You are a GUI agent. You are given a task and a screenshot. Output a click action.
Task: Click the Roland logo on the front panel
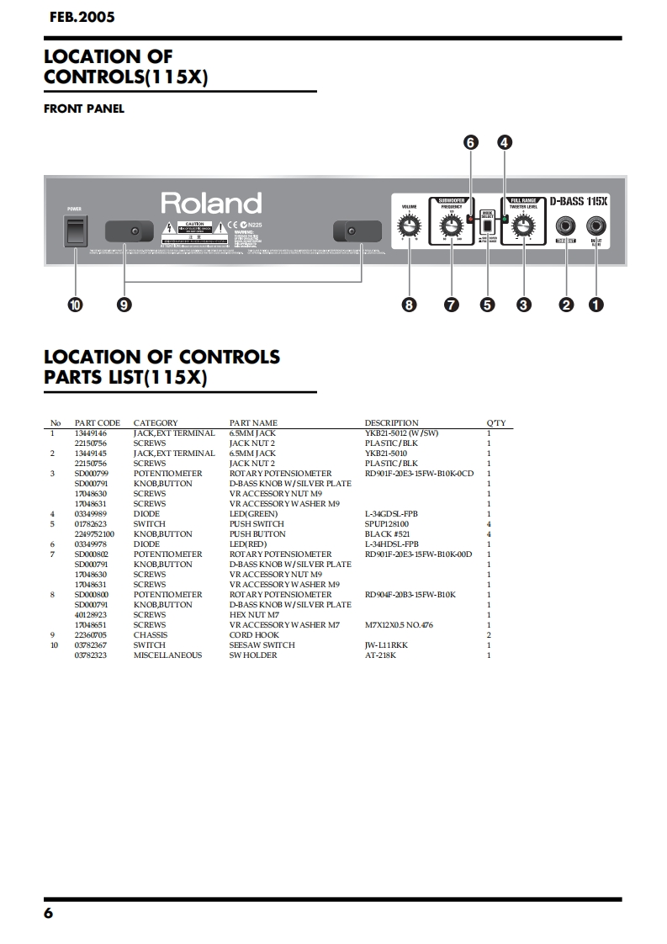[211, 204]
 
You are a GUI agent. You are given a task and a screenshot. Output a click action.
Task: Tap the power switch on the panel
[76, 230]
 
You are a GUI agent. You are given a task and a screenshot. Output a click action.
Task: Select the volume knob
[410, 226]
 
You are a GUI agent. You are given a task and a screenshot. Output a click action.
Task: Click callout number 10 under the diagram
[76, 305]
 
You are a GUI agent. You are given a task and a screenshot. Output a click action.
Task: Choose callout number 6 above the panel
[470, 143]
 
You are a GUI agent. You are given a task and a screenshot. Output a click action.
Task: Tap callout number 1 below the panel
[596, 305]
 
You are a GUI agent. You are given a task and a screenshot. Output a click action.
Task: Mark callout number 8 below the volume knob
[410, 305]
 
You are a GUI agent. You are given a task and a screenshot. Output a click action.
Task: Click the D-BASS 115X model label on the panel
[579, 202]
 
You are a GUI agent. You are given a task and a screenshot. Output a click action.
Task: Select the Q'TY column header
[495, 423]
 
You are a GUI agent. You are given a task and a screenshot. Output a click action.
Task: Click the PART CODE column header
[97, 423]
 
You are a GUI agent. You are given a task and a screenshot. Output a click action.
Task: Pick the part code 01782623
[91, 524]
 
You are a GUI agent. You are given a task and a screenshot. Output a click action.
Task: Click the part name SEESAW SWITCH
[262, 645]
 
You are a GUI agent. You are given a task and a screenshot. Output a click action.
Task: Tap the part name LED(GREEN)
[253, 514]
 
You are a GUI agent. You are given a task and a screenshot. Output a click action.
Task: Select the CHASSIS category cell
[150, 635]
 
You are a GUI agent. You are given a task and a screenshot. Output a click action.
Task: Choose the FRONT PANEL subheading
[83, 109]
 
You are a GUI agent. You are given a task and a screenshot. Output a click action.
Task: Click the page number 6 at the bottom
[48, 914]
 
